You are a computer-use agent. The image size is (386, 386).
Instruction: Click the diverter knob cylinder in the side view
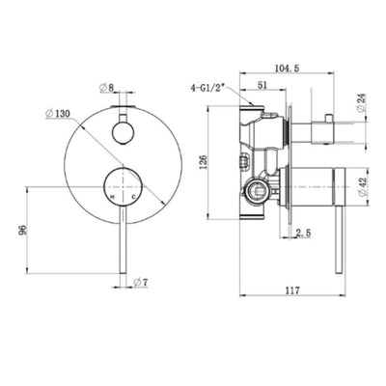[314, 130]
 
